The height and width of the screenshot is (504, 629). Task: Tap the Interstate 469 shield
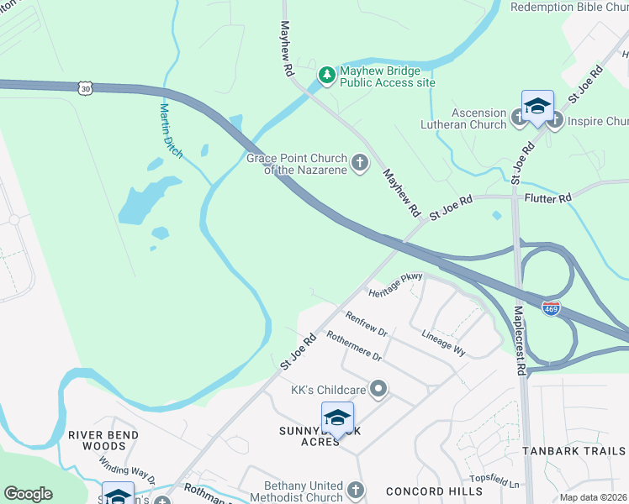click(x=551, y=308)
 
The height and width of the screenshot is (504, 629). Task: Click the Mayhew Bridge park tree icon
click(x=326, y=76)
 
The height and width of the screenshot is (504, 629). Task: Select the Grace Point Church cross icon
click(x=360, y=163)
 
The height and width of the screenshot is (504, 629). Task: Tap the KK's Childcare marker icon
click(x=378, y=388)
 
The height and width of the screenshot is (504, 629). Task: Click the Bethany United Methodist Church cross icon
click(x=356, y=490)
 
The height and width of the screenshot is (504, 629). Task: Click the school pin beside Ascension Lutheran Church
click(x=537, y=107)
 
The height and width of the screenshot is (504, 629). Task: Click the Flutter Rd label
click(x=547, y=197)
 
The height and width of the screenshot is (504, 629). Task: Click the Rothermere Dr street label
click(x=354, y=345)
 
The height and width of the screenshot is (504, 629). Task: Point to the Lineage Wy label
click(x=443, y=342)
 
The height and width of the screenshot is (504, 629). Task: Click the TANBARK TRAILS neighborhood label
click(x=574, y=451)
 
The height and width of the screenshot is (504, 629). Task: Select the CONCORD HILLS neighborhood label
click(x=425, y=491)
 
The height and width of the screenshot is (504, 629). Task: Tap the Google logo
click(x=28, y=493)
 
